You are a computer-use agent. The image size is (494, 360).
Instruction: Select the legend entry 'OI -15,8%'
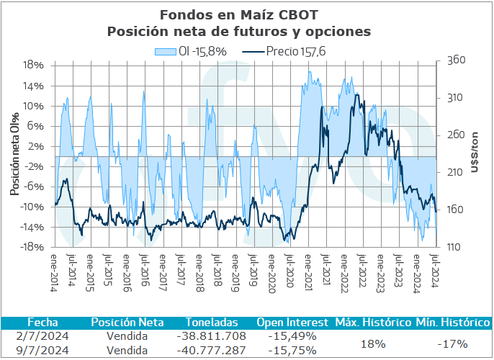coord(192,51)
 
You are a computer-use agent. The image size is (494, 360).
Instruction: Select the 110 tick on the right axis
coord(456,248)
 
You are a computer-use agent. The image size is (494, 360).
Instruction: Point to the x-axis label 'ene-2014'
coord(56,269)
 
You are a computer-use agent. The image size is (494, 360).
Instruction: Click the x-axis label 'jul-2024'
coord(435,269)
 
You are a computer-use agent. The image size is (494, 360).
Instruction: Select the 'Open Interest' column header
coord(292,322)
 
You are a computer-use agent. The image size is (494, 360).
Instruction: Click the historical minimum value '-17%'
coord(453,343)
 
